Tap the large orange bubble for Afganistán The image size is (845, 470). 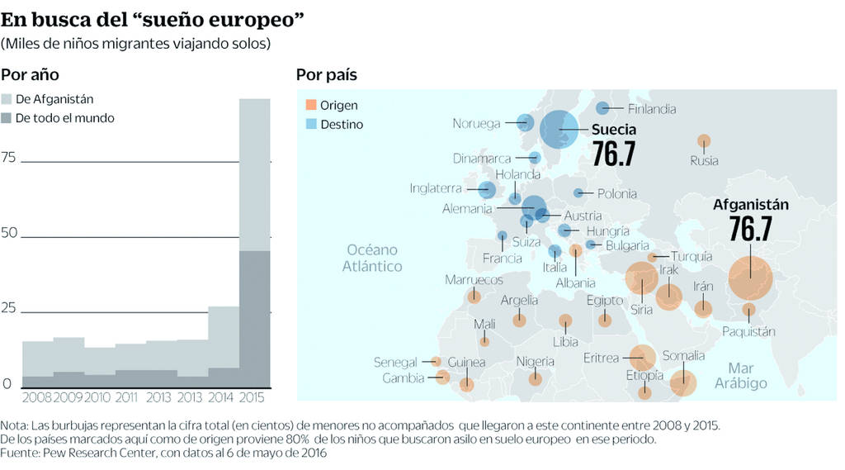(x=750, y=278)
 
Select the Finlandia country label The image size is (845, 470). (x=651, y=108)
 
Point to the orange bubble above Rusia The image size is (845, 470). (x=704, y=141)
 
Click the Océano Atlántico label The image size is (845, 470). (x=372, y=258)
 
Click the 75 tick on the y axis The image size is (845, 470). (x=9, y=158)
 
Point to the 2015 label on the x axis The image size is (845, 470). (x=252, y=398)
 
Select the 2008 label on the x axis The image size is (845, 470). (x=37, y=398)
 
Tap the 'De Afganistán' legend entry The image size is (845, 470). (x=54, y=99)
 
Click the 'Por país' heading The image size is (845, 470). (x=326, y=75)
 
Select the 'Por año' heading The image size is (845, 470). (x=30, y=75)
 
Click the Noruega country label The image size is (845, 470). (x=476, y=124)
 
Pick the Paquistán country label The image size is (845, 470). (x=748, y=331)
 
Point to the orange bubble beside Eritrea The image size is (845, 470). (x=644, y=358)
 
